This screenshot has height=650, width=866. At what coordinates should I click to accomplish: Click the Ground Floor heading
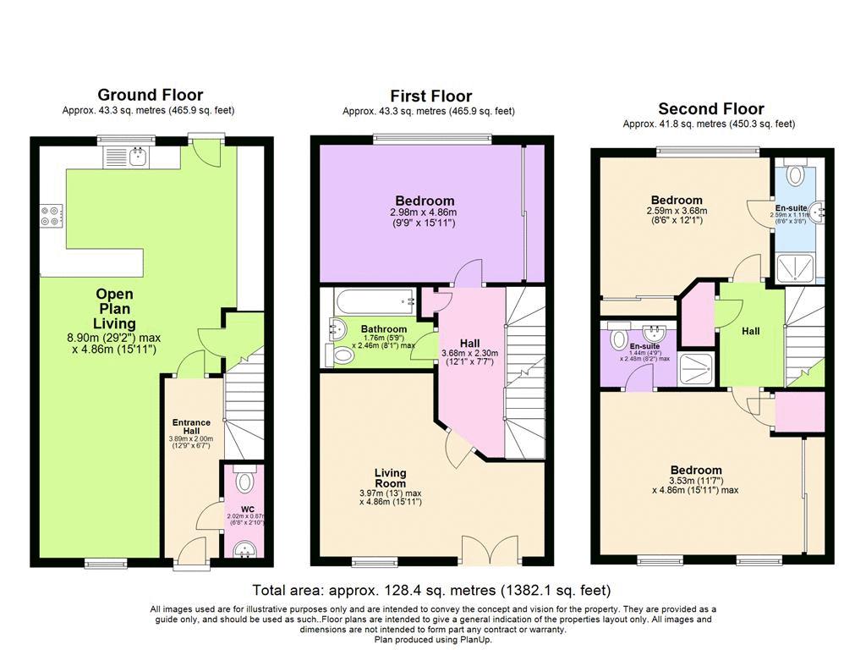(x=151, y=95)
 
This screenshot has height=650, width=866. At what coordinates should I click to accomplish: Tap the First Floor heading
(x=430, y=96)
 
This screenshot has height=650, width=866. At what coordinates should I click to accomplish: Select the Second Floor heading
(x=710, y=108)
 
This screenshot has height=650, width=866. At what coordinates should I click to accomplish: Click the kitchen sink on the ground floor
(x=138, y=157)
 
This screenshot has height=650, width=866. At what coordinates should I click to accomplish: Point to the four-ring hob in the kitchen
(x=51, y=216)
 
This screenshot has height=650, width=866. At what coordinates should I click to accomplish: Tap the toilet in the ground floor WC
(x=244, y=479)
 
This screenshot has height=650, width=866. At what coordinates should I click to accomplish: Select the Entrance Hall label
(x=191, y=427)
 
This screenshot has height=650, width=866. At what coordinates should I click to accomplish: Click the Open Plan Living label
(x=114, y=309)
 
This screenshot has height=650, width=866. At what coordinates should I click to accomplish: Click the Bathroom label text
(x=384, y=329)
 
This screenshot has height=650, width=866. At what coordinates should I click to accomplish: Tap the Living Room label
(x=391, y=478)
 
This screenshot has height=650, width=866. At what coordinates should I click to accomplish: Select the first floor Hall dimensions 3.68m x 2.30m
(x=470, y=353)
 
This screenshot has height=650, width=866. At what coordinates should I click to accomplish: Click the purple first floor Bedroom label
(x=425, y=201)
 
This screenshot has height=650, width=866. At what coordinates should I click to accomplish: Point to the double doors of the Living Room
(x=491, y=550)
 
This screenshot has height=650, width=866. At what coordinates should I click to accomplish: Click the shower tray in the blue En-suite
(x=795, y=268)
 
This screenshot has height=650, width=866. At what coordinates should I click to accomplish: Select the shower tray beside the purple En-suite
(x=697, y=369)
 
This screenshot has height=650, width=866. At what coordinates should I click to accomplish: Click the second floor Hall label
(x=751, y=331)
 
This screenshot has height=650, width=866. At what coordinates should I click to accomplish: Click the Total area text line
(x=431, y=590)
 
